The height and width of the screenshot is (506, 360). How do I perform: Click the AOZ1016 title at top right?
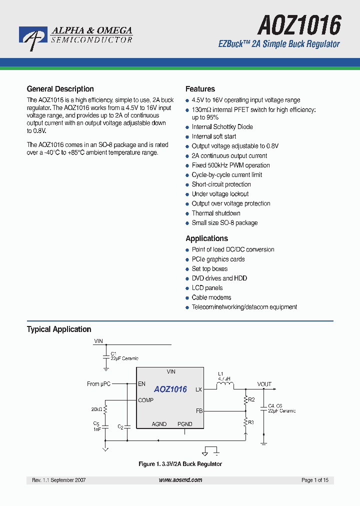(x=299, y=24)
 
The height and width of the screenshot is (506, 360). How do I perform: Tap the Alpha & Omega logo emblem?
(x=33, y=38)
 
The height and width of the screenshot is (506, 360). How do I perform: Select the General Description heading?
(x=60, y=89)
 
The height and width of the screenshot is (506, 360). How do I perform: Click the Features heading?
(x=200, y=89)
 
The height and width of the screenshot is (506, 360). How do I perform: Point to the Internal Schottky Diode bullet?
(x=222, y=127)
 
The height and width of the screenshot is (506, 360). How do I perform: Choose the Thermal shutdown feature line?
(x=216, y=213)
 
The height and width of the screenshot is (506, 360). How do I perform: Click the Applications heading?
(x=206, y=238)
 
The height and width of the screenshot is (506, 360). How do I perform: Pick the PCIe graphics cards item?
(x=218, y=259)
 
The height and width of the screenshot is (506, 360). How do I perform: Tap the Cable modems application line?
(x=211, y=297)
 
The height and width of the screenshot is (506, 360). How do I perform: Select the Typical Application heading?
(x=58, y=329)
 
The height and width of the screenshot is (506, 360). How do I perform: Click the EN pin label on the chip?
(x=141, y=384)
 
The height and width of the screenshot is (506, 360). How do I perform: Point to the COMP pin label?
(x=145, y=400)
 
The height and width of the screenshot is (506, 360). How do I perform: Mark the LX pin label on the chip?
(x=198, y=389)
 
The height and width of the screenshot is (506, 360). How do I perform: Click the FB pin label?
(x=199, y=411)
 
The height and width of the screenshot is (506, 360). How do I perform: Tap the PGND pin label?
(x=184, y=424)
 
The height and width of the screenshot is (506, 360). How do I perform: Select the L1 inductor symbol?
(x=224, y=385)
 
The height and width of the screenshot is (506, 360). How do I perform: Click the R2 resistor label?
(x=251, y=399)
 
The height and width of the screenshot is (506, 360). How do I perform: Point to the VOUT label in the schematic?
(x=264, y=384)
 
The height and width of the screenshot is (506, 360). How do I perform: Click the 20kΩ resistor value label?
(x=96, y=409)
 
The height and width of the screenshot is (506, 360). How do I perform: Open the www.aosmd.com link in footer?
(x=180, y=480)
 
